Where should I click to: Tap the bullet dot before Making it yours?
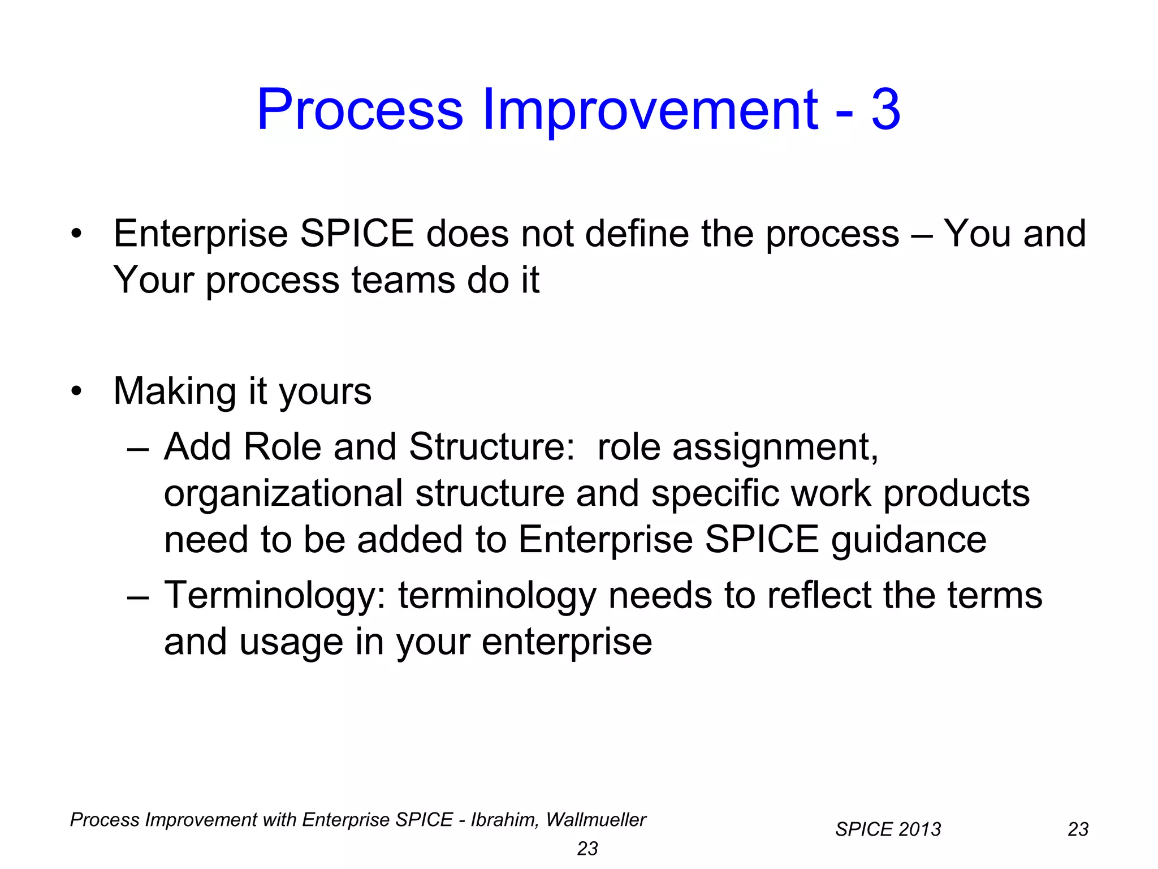tap(76, 391)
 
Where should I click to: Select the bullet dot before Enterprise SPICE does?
tap(76, 234)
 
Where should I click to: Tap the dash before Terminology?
tap(138, 596)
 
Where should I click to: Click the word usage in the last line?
tap(291, 643)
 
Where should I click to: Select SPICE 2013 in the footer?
tap(888, 829)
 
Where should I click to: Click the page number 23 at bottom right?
tap(1078, 829)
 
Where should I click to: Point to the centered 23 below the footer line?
tap(587, 849)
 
